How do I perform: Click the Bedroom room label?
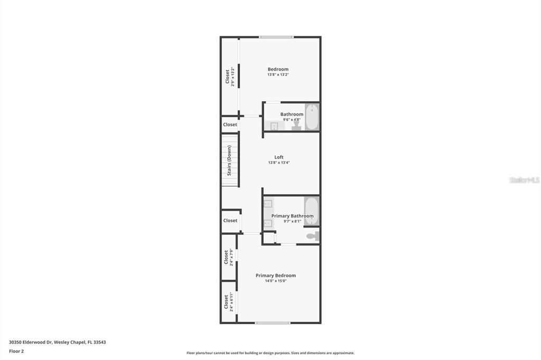pos(278,69)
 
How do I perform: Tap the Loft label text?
pos(279,157)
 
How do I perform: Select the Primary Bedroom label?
pos(276,275)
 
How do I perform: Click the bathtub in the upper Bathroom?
pos(312,117)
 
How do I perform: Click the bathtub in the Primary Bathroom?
pos(311,210)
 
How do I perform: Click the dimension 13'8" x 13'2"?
pos(278,75)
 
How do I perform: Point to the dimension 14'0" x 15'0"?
pos(276,281)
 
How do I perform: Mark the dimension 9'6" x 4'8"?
pos(292,120)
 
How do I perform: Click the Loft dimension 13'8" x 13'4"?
pos(279,163)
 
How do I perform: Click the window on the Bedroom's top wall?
pos(276,37)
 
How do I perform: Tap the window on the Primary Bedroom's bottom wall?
pos(273,323)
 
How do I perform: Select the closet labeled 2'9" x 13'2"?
pos(229,77)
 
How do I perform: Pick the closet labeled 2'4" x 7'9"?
pos(228,257)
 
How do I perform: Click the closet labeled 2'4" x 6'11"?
pos(228,302)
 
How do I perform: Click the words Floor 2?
pos(16,351)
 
